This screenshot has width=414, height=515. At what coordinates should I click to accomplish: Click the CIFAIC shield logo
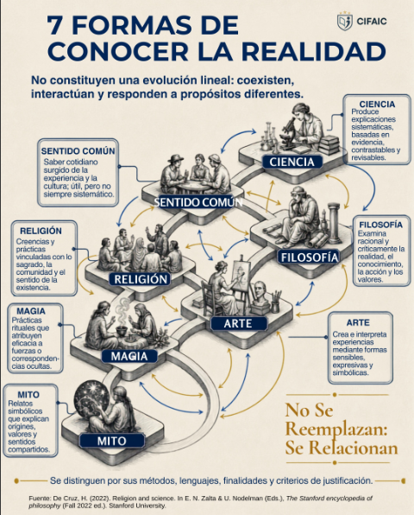[345, 21]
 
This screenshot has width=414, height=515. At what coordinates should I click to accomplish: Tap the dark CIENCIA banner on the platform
[292, 162]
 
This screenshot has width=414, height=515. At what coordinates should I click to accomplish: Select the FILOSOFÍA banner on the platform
[310, 257]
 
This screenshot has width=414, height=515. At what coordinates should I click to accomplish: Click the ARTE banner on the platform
[238, 323]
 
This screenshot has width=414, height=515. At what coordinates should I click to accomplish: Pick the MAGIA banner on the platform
[129, 356]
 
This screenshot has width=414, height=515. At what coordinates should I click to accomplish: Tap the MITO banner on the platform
[112, 441]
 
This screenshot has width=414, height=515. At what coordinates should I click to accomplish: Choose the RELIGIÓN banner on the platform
[141, 279]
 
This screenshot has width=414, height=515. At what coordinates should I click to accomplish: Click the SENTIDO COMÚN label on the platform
[198, 202]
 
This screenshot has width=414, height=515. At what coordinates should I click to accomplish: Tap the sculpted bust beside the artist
[261, 294]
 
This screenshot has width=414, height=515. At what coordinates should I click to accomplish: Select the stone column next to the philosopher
[334, 222]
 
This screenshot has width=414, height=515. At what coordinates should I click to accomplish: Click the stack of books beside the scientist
[329, 145]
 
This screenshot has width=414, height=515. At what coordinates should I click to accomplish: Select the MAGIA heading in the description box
[31, 311]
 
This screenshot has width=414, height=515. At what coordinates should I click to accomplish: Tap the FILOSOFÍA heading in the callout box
[381, 225]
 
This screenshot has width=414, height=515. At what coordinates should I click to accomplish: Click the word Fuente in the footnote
[40, 499]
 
